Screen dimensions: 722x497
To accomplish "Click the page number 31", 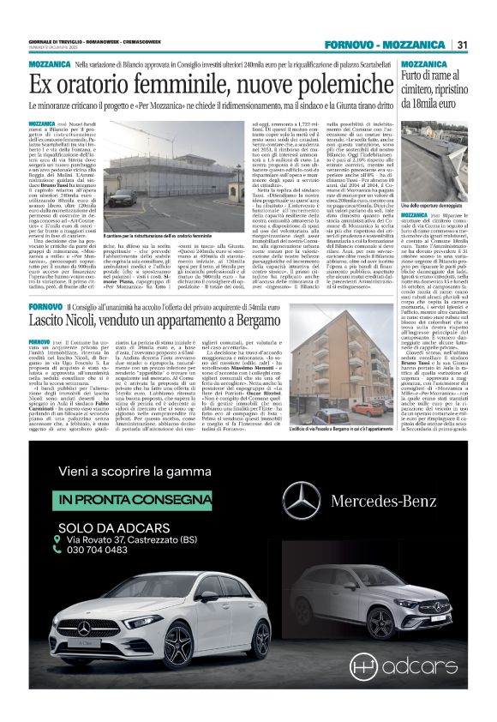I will [x=461, y=45].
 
